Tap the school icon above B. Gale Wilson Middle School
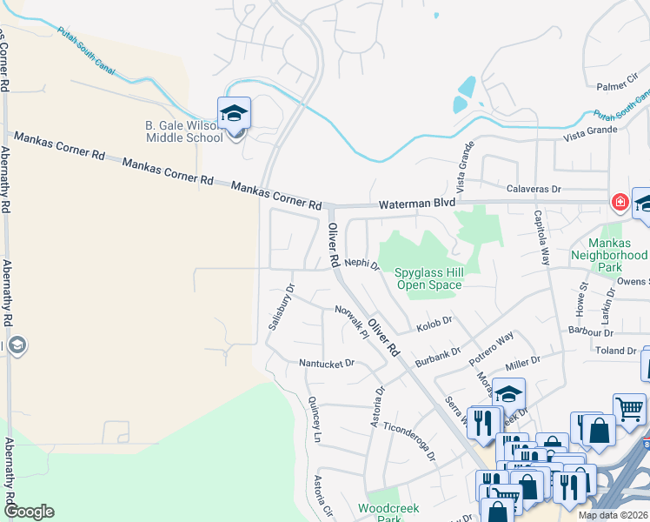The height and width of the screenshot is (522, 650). pos(234,114)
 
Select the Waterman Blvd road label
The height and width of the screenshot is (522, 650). pos(416,203)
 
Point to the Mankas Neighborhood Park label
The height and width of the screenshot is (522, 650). pos(606,250)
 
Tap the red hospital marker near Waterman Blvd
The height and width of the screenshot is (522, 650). pos(620,203)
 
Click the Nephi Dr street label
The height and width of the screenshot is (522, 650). pos(362,263)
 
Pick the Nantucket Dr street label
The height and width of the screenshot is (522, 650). pos(327,363)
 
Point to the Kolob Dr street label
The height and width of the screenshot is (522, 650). pos(434,324)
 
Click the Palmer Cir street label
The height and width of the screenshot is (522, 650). pos(618,87)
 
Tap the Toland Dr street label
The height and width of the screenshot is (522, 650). pos(615,351)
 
